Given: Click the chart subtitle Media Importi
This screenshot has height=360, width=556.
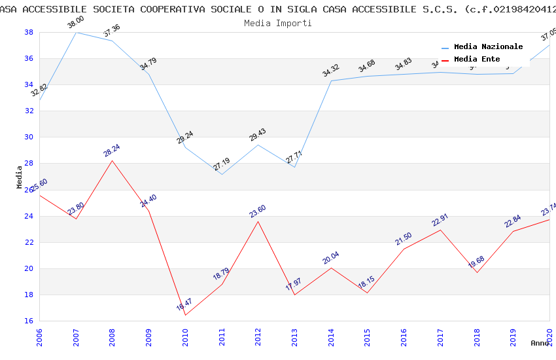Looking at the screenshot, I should click(x=277, y=23).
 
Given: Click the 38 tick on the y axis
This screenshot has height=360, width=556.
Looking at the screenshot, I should click(x=29, y=32).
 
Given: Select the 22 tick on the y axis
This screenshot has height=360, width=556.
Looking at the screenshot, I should click(x=29, y=242).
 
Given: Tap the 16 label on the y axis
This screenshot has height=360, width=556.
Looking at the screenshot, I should click(x=29, y=321).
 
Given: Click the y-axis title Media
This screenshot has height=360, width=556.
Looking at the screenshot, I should click(x=20, y=177).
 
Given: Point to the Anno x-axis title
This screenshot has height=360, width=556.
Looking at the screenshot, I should click(x=540, y=343).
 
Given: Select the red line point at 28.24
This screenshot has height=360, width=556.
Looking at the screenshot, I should click(x=113, y=160).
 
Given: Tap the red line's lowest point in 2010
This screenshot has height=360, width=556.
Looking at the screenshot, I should click(x=185, y=315).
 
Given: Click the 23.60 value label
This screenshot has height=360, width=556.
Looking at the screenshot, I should click(x=258, y=211).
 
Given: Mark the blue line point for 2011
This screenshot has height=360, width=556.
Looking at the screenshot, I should click(x=222, y=174).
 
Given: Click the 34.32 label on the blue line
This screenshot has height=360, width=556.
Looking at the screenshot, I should click(x=331, y=71).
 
